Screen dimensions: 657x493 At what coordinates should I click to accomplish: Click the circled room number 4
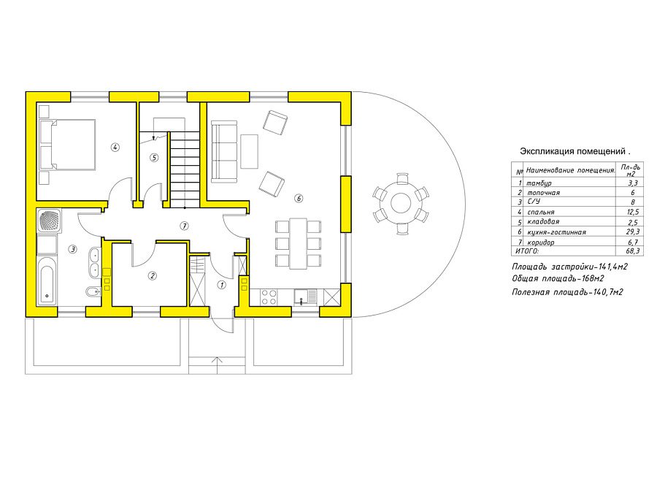coord(115,147)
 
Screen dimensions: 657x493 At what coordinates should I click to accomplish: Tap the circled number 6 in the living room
coord(299,198)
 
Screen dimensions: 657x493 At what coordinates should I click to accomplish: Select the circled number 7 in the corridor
coord(184,226)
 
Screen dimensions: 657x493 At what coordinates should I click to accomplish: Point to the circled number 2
coord(153,276)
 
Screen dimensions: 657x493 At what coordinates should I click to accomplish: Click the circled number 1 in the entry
coord(222,285)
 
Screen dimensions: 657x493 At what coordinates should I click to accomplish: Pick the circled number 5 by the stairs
coord(154,158)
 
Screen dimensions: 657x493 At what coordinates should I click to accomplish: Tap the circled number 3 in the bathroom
coord(73,250)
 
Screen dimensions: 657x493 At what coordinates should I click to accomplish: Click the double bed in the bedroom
coord(68,145)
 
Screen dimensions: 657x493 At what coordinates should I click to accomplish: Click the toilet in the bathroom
coord(93,291)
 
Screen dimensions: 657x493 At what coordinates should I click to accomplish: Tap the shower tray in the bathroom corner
coord(50,221)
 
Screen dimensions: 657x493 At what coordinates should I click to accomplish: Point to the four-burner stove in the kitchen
coord(269,297)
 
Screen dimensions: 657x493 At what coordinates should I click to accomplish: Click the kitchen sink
coord(305,297)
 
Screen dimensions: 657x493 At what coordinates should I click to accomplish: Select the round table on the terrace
coord(401,203)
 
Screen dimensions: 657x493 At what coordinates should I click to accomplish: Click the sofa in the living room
coord(225,152)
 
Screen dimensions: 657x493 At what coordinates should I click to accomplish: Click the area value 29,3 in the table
coord(632,232)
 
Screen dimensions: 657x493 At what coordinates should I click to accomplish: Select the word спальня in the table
coord(540,212)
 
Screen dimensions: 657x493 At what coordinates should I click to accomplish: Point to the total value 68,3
coord(632,251)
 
